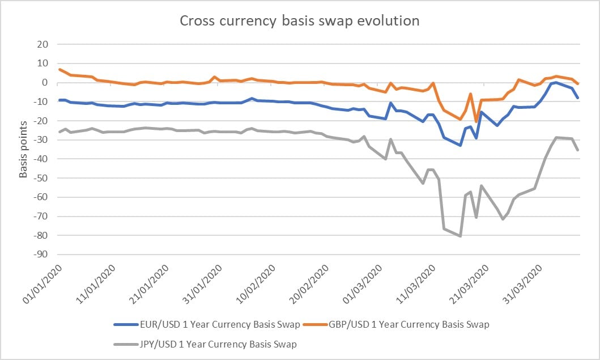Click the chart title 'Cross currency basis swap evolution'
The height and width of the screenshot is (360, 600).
(300, 21)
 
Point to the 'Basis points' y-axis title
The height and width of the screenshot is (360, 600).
(23, 149)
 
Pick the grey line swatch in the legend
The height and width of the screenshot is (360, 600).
(127, 344)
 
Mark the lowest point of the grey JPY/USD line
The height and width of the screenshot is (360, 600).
(460, 236)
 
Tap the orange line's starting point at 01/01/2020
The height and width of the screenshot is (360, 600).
(59, 69)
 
